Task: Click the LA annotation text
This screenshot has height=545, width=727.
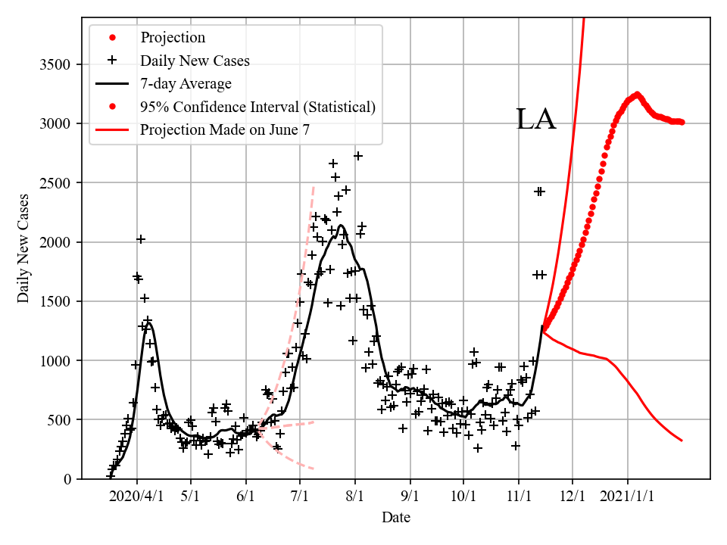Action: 536,120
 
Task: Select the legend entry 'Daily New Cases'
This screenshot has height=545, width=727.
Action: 195,60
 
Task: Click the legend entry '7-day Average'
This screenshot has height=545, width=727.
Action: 186,83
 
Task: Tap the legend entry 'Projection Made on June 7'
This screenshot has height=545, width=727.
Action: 225,130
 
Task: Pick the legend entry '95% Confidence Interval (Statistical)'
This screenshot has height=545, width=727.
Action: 257,107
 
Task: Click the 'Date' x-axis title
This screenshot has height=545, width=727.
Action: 396,518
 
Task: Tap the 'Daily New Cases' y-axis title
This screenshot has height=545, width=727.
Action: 24,248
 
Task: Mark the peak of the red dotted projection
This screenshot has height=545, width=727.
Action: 638,95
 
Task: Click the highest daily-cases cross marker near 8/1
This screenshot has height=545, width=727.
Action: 358,156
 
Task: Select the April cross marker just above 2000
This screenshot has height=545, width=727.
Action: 141,239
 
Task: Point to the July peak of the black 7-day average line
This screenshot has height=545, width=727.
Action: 341,226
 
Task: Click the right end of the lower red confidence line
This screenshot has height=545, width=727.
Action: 682,441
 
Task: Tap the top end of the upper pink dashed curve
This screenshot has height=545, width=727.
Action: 314,185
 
